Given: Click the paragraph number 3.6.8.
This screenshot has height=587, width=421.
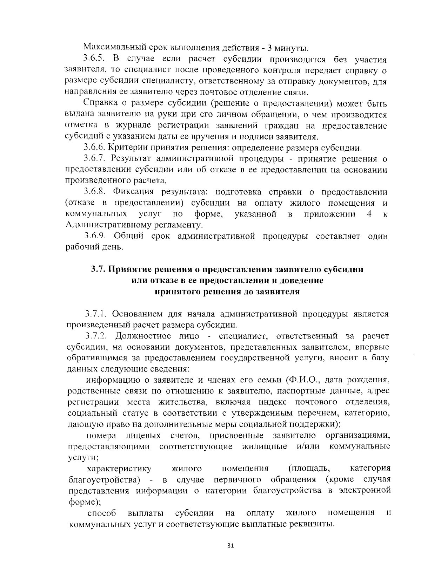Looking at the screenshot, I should click(94, 192).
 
